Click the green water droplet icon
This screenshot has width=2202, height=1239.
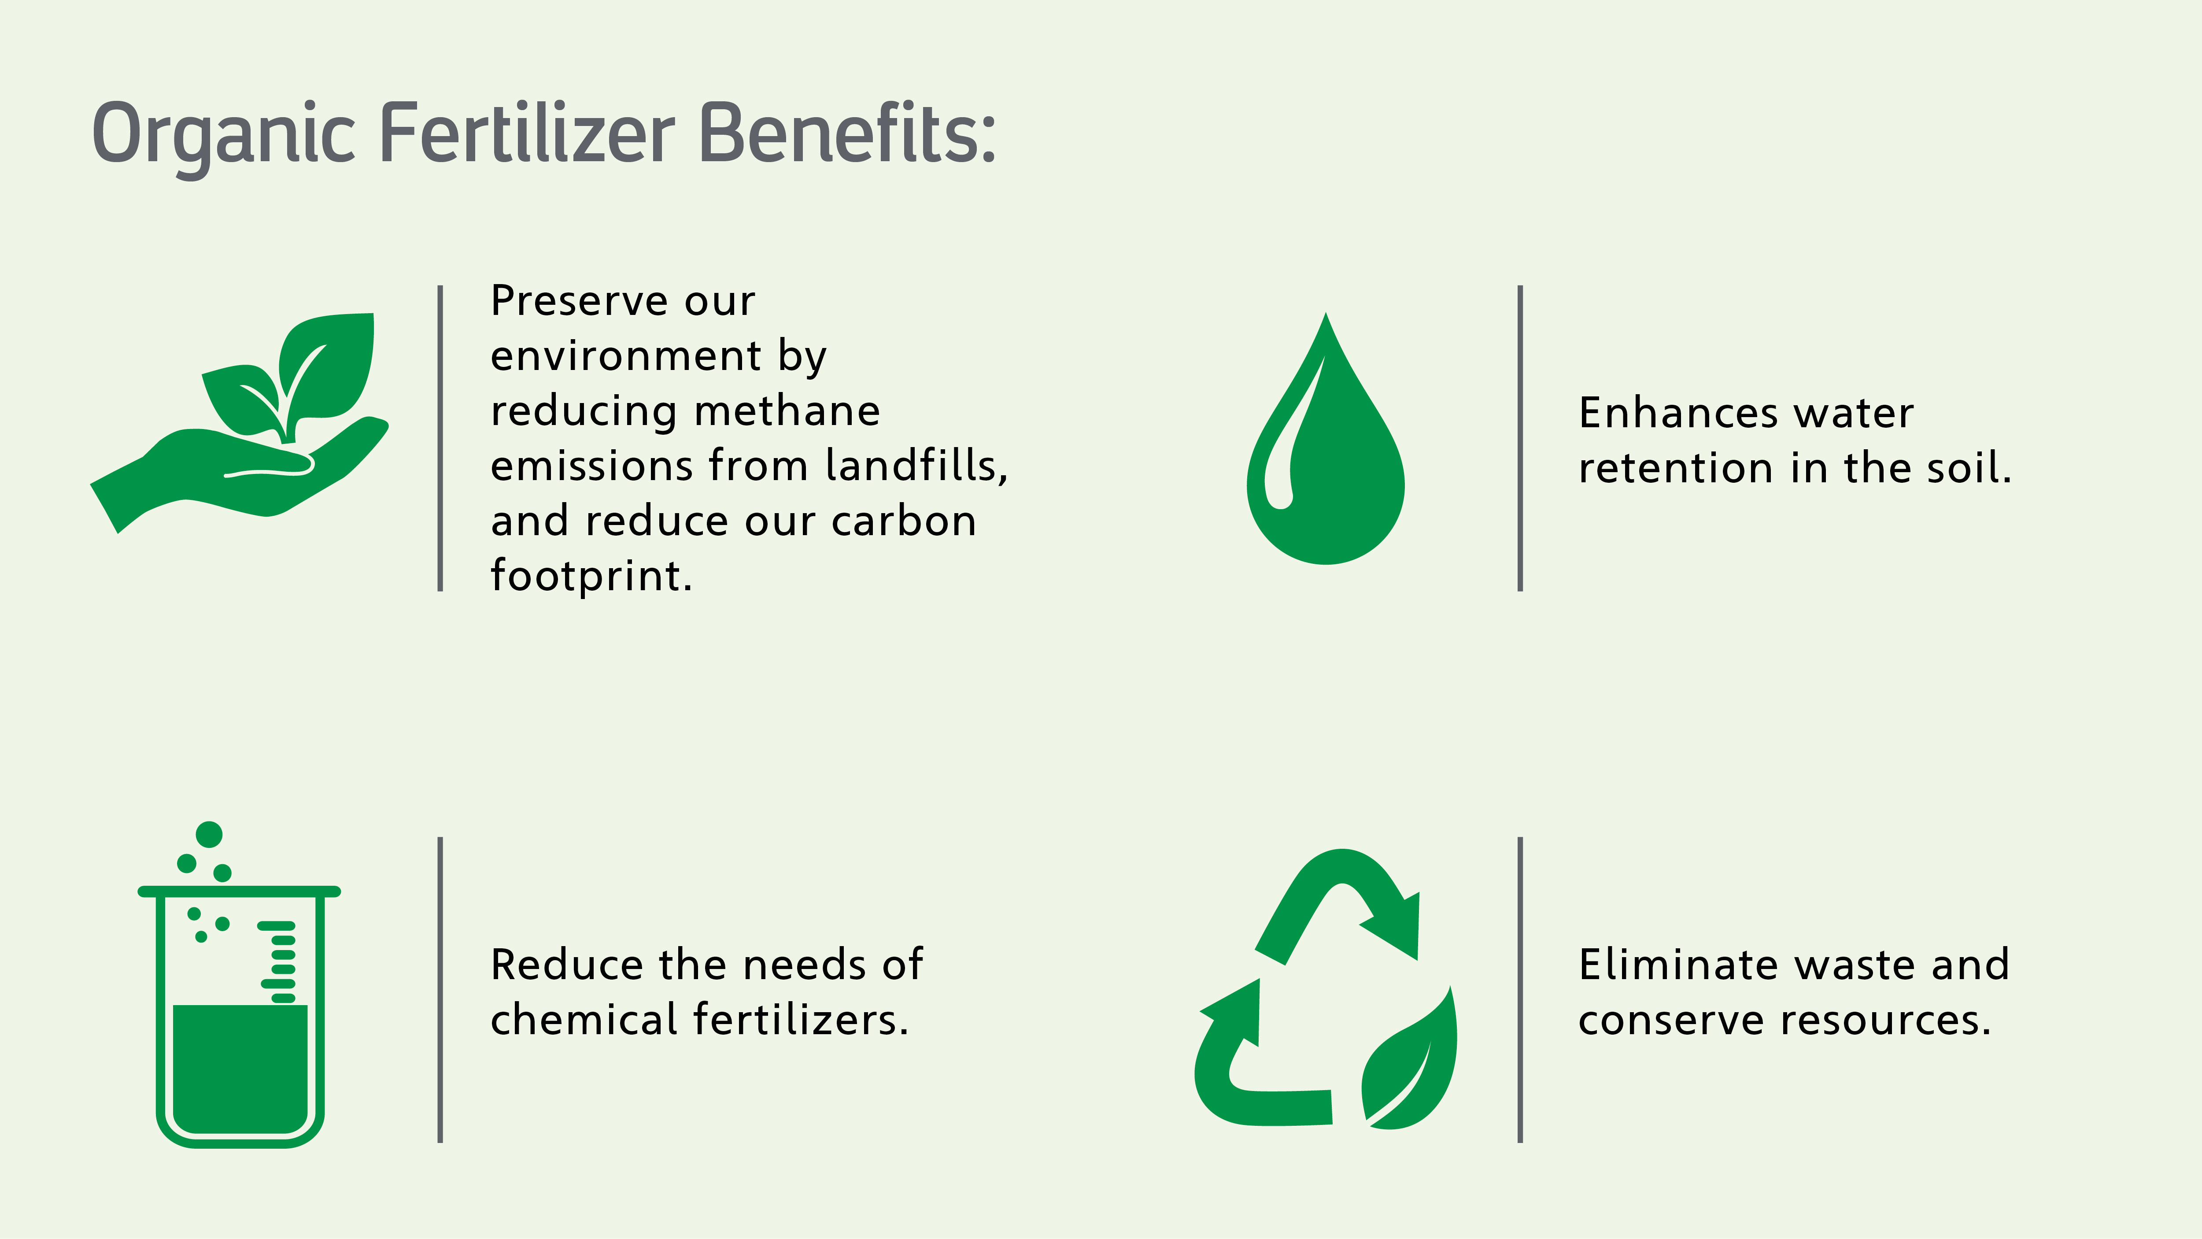coord(1326,439)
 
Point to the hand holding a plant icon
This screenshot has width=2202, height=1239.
coord(239,423)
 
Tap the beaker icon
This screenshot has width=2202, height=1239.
coord(239,985)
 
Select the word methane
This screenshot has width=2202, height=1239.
coord(787,411)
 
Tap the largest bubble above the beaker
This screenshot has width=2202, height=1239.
coord(210,835)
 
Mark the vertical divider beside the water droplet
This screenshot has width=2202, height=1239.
coord(1520,439)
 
